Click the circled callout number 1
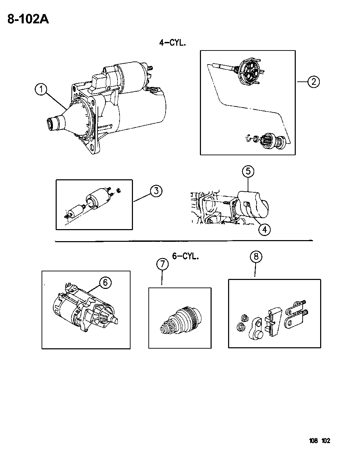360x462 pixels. tap(41, 90)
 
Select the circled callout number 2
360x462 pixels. tap(314, 82)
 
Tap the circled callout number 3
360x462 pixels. tap(156, 191)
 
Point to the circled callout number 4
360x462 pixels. tap(265, 229)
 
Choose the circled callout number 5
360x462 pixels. tap(248, 171)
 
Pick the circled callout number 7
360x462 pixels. tap(162, 264)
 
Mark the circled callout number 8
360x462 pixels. tap(256, 257)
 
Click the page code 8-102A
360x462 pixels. tap(28, 19)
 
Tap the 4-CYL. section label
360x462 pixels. tap(172, 43)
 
